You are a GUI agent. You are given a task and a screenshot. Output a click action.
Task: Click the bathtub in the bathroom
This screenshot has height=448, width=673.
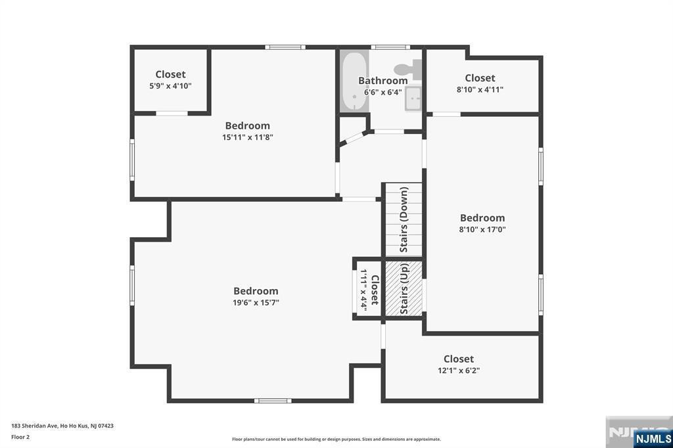[354, 81]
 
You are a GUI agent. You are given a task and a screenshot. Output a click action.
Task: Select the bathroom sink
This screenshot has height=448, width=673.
[413, 99]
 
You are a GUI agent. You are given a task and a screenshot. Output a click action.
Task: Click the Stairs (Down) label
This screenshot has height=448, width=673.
[404, 219]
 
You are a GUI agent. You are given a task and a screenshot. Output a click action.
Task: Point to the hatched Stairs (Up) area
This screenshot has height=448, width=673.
[404, 288]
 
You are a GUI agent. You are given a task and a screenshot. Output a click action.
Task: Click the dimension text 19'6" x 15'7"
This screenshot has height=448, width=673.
[256, 303]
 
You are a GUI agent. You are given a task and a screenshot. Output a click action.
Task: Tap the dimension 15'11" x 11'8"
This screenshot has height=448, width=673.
[248, 137]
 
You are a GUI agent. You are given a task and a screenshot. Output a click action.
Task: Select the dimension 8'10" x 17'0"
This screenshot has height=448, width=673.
[482, 229]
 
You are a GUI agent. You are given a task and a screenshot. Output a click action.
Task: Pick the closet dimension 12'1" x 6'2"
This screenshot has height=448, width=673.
[459, 370]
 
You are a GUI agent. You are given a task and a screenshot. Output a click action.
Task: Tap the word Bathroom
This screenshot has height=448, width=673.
[383, 81]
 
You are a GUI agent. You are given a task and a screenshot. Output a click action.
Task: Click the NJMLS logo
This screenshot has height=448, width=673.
[653, 438]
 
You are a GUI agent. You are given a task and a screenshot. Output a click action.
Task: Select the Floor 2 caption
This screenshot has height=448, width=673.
[20, 437]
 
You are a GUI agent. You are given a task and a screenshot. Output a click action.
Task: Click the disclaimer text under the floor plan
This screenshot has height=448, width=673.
[336, 439]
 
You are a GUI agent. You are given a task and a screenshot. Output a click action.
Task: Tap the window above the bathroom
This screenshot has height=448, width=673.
[390, 47]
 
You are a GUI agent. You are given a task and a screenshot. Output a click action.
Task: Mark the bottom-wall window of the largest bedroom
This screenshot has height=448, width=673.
[273, 401]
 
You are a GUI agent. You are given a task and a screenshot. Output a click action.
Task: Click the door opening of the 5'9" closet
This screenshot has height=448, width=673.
[172, 113]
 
